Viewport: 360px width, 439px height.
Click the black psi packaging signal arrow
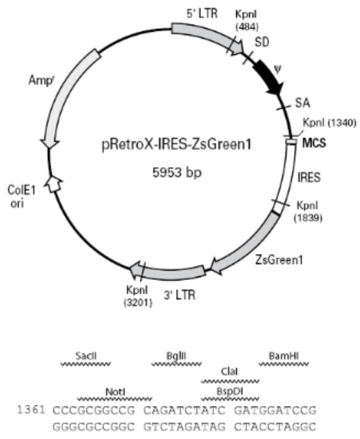pos(268,78)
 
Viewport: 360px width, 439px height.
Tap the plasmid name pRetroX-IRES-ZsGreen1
pos(177,144)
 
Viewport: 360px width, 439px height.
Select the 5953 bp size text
pos(177,172)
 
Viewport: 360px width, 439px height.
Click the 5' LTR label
pos(202,13)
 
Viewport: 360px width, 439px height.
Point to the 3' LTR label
pos(180,295)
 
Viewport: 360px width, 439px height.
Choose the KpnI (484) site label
pos(246,20)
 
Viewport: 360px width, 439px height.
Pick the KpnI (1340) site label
pos(330,122)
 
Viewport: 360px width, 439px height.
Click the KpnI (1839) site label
pos(308,211)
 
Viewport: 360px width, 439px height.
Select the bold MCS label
pos(315,143)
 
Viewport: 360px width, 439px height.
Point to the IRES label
pos(309,178)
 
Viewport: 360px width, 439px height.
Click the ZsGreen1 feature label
pos(279,260)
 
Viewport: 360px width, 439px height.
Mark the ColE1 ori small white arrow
pos(54,184)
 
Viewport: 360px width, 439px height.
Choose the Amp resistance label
pos(41,81)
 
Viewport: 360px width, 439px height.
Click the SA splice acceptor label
pos(303,103)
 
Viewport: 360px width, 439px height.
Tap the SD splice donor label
pos(262,42)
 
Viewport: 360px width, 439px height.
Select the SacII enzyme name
pos(86,356)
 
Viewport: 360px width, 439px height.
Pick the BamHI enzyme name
pos(284,356)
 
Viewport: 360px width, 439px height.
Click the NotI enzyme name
pos(115,392)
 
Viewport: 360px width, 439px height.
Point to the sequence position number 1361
pos(31,410)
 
